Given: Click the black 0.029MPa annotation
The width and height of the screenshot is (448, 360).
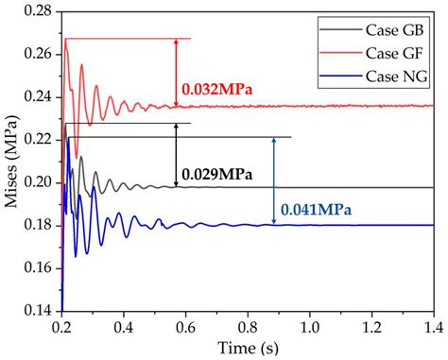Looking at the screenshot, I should pyautogui.click(x=216, y=174).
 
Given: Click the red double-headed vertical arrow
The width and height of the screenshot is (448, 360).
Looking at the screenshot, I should pyautogui.click(x=177, y=72).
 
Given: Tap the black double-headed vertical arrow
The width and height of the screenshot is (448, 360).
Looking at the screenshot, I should pyautogui.click(x=177, y=155).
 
